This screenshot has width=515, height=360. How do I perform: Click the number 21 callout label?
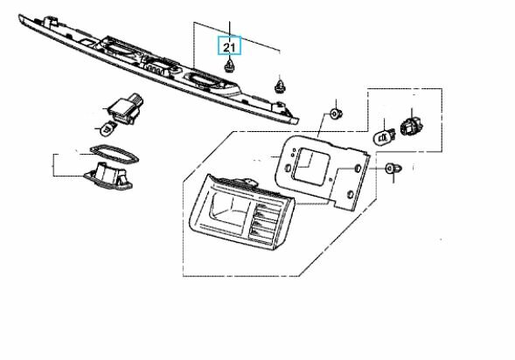click(x=230, y=46)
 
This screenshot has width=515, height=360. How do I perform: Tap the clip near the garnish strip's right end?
click(x=279, y=85)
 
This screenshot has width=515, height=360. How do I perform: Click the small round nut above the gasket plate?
click(x=336, y=114)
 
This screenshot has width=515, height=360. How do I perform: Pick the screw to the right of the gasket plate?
click(x=393, y=169)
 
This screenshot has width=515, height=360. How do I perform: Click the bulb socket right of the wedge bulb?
click(x=411, y=127)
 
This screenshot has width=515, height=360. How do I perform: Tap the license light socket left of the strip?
click(x=125, y=109)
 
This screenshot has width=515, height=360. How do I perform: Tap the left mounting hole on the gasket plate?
click(x=287, y=168)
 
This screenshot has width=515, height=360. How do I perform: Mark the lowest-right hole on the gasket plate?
click(x=350, y=194)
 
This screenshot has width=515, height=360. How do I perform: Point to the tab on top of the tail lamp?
click(x=246, y=181)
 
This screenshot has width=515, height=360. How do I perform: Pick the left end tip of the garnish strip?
click(x=20, y=17)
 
